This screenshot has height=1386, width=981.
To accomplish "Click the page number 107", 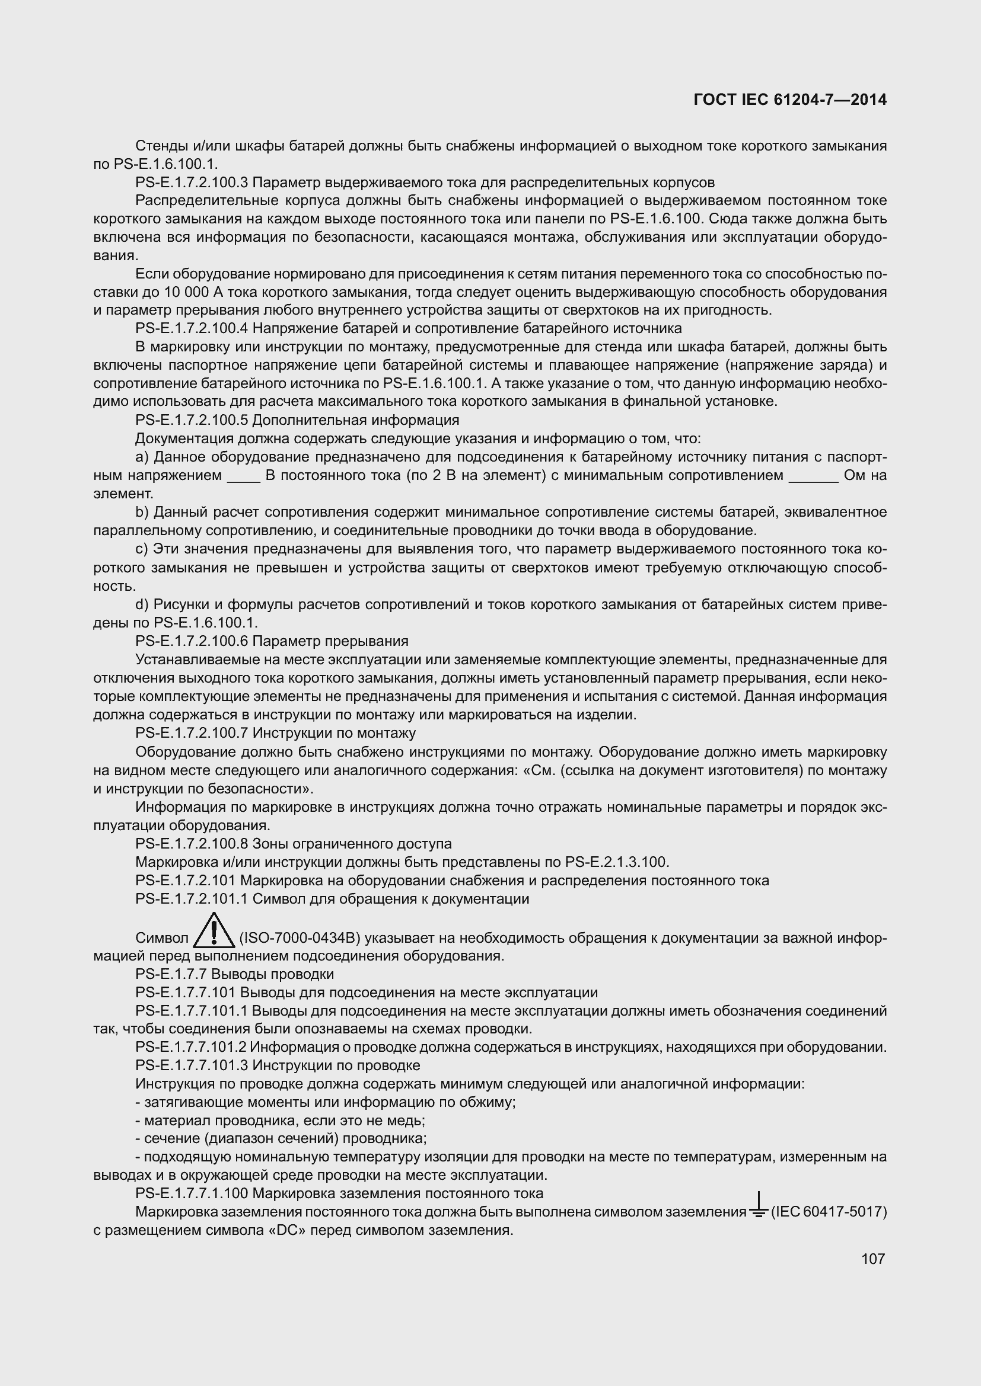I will pos(873,1259).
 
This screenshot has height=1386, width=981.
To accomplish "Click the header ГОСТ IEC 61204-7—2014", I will pos(790,100).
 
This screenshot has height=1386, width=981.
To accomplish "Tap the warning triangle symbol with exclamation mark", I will pos(214,931).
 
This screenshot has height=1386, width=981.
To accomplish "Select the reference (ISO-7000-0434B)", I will pos(300,938).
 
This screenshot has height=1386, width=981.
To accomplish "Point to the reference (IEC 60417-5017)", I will pos(829,1212).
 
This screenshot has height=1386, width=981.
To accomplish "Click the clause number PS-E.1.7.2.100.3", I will pos(192,183).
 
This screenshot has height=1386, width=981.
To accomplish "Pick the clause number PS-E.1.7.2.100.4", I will pos(192,328).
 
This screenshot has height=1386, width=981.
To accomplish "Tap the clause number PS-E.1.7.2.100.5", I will pos(192,420).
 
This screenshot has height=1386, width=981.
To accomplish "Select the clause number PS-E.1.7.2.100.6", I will pos(192,641).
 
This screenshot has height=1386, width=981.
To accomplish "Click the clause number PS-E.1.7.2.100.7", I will pos(192,734).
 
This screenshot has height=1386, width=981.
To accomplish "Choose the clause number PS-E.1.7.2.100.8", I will pos(192,844).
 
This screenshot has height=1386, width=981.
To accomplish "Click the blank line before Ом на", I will pos(814,477).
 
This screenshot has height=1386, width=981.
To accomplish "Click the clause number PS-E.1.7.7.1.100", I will pos(192,1193).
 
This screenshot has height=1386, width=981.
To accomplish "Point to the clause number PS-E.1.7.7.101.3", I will pos(192,1065).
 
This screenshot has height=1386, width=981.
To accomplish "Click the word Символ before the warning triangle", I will pos(162,938).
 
